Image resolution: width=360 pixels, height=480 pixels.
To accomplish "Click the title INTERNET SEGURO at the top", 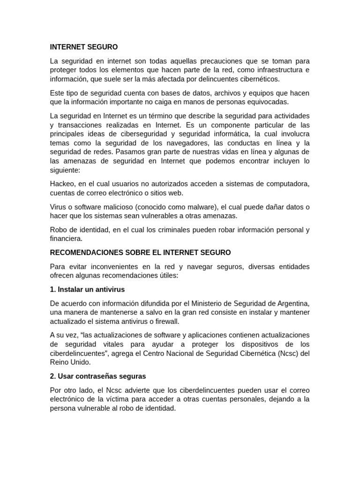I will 84,47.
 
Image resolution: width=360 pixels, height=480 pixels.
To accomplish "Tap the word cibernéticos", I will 259,79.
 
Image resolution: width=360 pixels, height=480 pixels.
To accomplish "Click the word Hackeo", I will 62,184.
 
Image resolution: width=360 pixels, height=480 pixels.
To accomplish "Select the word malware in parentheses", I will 199,207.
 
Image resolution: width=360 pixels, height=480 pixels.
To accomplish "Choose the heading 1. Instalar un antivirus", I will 87,289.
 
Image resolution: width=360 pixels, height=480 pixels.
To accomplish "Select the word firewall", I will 166,321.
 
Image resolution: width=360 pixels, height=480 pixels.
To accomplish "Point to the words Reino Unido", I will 71,362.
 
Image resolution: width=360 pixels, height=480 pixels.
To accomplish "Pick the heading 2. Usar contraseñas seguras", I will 98,376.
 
